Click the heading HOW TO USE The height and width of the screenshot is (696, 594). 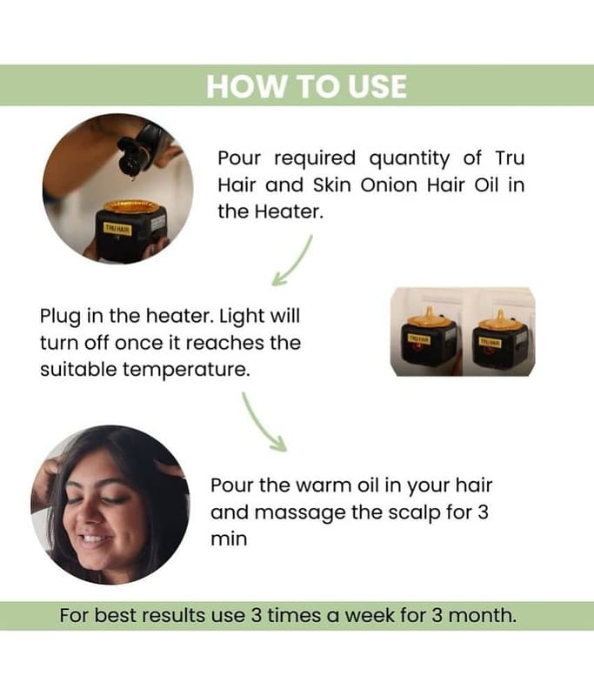tap(306, 86)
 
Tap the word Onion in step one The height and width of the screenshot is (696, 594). tap(389, 185)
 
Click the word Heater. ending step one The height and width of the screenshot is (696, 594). tap(289, 211)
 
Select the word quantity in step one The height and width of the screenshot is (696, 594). tap(409, 159)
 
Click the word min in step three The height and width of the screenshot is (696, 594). tap(229, 539)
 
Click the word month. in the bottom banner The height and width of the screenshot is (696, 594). tap(482, 616)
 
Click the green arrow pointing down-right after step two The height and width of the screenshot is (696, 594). tap(263, 422)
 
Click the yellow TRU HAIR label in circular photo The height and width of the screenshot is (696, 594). tap(117, 229)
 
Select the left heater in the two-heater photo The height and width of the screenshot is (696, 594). tap(428, 341)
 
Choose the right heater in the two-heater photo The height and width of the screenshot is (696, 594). tap(499, 341)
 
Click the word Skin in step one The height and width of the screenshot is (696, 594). tap(330, 185)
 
